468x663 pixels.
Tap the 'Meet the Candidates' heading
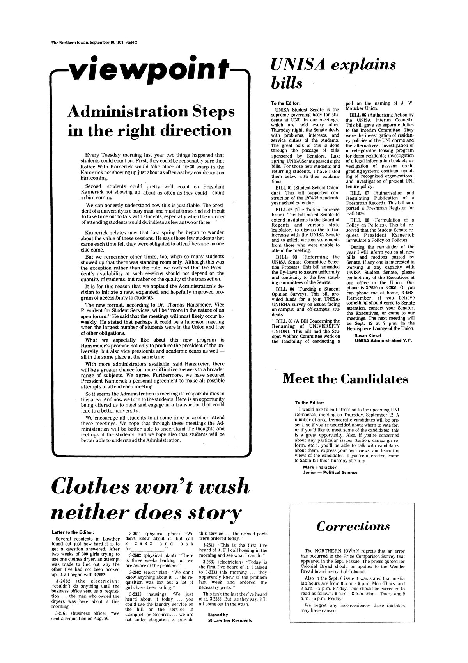click(345, 379)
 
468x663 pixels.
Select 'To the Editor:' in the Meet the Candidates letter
click(310, 402)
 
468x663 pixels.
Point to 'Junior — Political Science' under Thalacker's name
click(330, 472)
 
